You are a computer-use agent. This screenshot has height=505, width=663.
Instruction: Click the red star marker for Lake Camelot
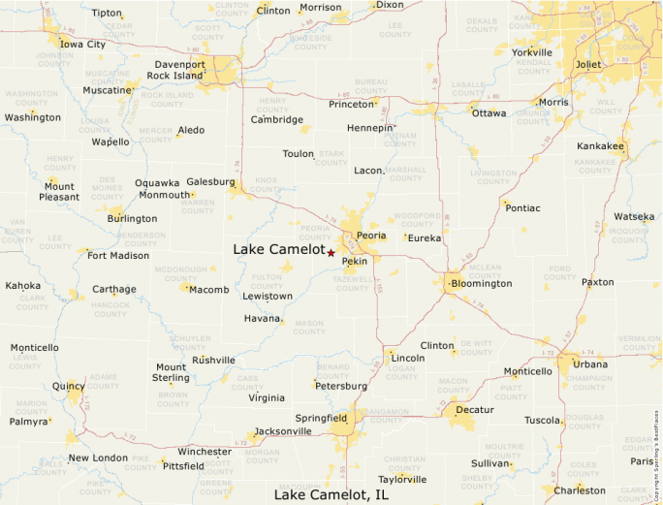coord(331,253)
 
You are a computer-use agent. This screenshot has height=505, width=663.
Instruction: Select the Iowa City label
coord(82,45)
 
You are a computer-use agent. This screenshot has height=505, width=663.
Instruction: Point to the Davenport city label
coord(179,64)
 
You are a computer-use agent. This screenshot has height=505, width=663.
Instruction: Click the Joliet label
coord(587,65)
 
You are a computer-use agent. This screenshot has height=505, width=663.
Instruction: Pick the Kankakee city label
coord(601,146)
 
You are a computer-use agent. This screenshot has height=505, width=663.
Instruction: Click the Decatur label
coord(474,410)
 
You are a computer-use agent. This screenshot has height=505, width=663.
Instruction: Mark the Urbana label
coord(589,364)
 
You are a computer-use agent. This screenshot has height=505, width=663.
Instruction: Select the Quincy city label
coord(68,386)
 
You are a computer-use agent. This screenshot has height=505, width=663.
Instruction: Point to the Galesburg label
coord(210,181)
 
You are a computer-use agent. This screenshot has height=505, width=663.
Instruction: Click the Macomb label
coord(208,290)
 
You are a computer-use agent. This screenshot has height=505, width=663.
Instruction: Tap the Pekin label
coord(354,261)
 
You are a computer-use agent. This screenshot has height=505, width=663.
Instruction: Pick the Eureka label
coord(424,237)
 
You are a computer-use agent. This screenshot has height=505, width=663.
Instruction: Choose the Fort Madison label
coord(118,256)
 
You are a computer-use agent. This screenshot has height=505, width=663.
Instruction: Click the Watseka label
coord(634,216)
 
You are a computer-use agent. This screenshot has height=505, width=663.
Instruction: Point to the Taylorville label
coord(401,479)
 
